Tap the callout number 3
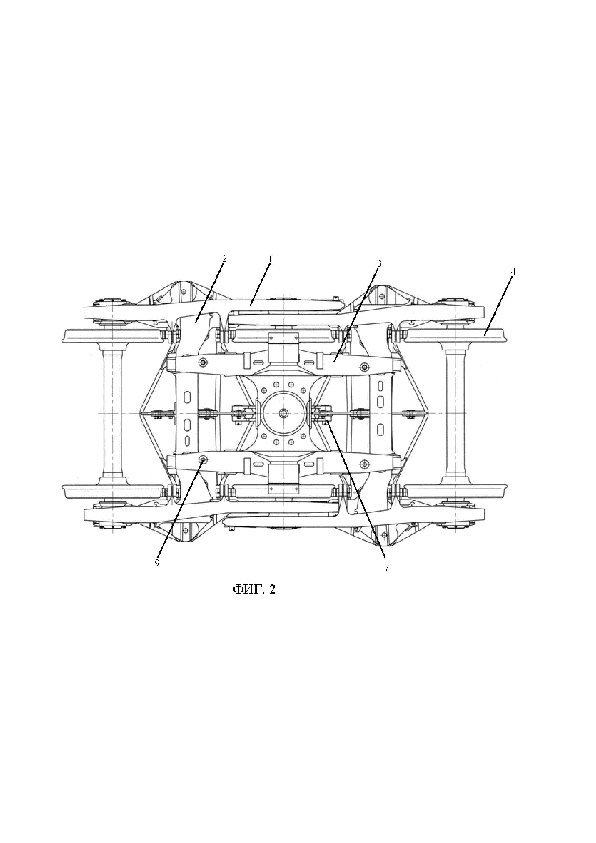pos(379,263)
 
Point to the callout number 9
pos(157,573)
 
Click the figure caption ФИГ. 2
pos(254,599)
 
